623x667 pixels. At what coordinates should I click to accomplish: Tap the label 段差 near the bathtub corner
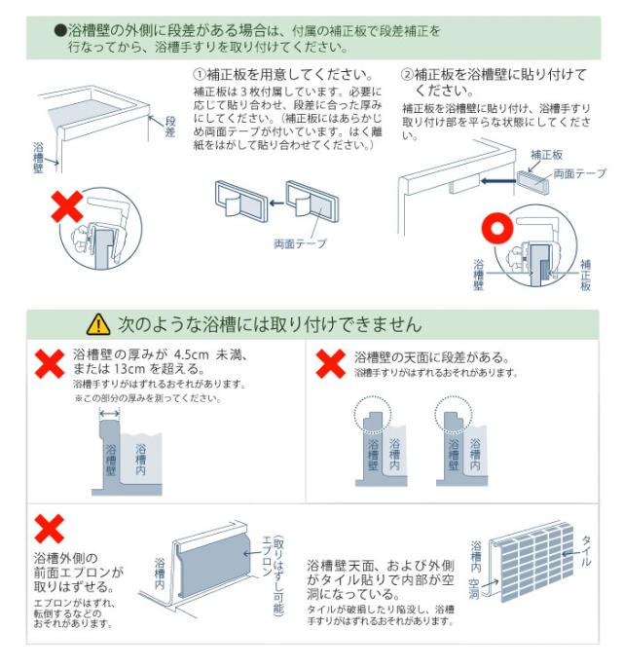point(170,126)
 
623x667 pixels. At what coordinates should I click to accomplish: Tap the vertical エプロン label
point(266,558)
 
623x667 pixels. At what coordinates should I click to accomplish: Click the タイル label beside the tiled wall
point(586,551)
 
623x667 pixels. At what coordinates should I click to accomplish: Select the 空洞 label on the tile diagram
point(472,585)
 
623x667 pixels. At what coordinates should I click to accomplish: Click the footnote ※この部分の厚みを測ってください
point(146,398)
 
